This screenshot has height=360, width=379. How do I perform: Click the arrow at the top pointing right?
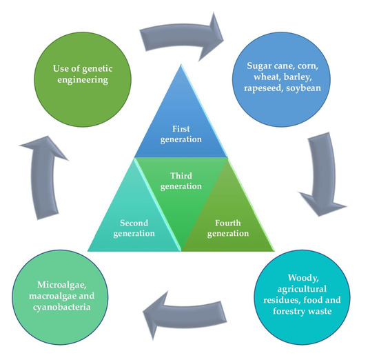click(183, 38)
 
